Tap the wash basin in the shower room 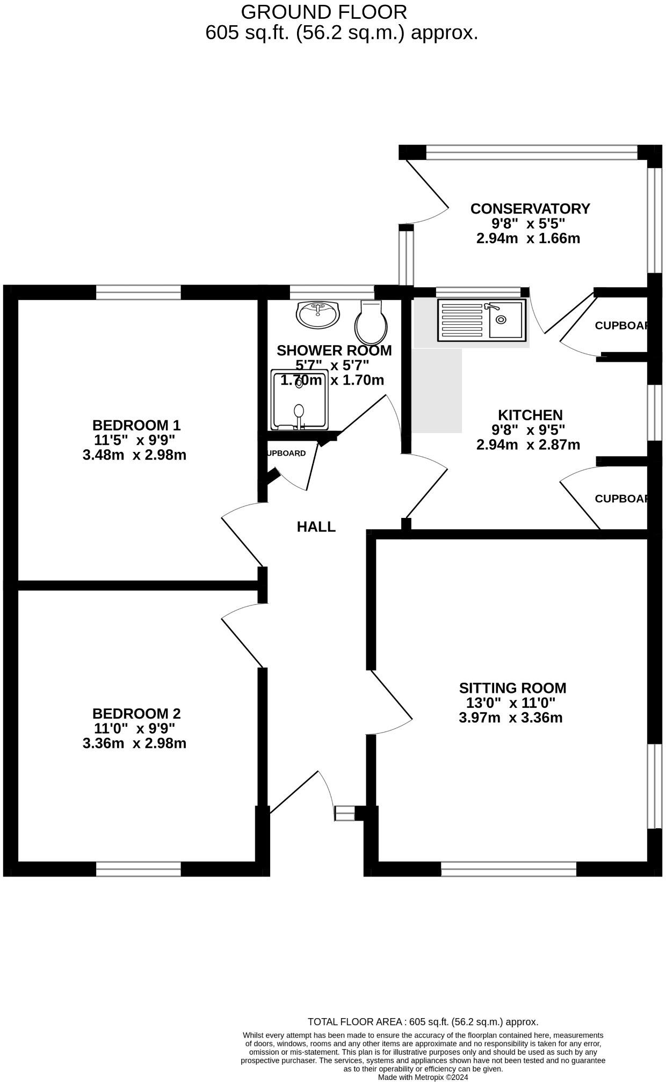(x=318, y=315)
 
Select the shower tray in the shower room (x=299, y=399)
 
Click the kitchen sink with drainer (x=482, y=320)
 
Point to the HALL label (x=316, y=527)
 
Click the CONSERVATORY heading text (x=530, y=208)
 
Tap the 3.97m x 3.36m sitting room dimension (x=510, y=718)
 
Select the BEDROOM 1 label (x=136, y=425)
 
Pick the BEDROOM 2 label (x=136, y=713)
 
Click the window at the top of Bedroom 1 (x=139, y=293)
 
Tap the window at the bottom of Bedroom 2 (x=139, y=869)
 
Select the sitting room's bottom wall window (x=508, y=869)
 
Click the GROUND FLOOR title (x=323, y=12)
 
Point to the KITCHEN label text (x=530, y=415)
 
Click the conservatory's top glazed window (x=532, y=152)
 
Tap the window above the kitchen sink (x=478, y=292)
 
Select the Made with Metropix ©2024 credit (x=423, y=1077)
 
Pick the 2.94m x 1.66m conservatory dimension (x=527, y=238)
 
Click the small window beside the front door (x=345, y=813)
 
